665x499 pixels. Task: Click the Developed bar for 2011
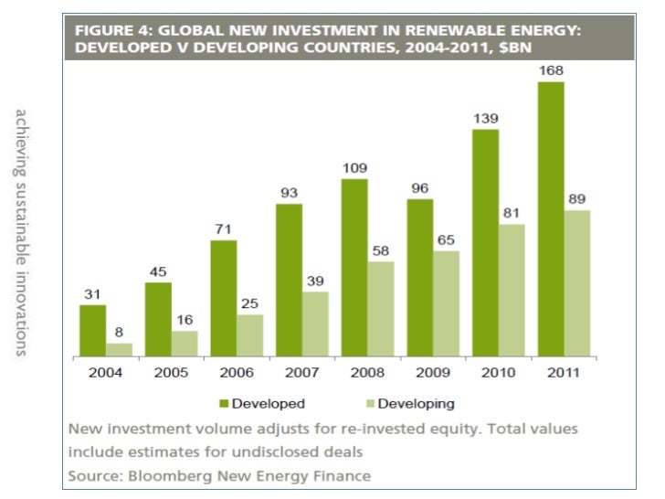[551, 219]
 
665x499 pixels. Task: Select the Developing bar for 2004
[119, 349]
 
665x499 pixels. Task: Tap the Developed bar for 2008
[354, 267]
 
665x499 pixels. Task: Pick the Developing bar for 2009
[446, 303]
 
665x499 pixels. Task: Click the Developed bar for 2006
[224, 298]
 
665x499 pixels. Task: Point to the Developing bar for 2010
[512, 290]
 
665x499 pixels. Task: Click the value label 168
[551, 70]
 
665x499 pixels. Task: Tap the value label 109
[354, 167]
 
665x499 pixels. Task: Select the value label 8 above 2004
[119, 332]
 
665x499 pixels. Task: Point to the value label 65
[446, 239]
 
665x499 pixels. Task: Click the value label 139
[485, 118]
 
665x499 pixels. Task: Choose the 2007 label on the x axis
[301, 373]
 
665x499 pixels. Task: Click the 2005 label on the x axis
[170, 373]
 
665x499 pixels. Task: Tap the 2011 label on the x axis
[563, 373]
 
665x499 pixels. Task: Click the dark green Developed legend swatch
[223, 403]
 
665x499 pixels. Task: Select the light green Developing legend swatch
[369, 403]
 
